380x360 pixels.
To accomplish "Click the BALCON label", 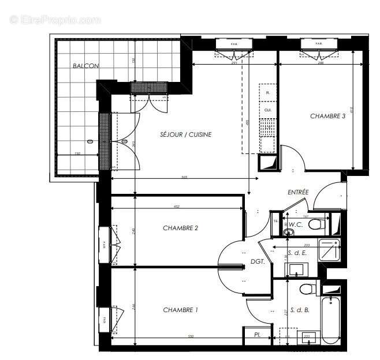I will coord(86,66).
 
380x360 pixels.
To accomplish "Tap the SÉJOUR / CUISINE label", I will coord(186,134).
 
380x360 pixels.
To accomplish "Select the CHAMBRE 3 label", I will coord(327,116).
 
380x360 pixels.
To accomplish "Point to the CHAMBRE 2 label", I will coord(180,228).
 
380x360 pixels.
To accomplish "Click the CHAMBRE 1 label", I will coord(180,310).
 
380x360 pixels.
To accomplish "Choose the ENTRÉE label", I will coord(298,192).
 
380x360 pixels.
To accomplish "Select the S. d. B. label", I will coord(299,310).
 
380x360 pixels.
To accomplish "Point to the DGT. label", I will coord(258,261).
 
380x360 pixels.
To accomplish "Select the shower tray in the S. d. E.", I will coord(330,250).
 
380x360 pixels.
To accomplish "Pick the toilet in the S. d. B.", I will coord(306,288).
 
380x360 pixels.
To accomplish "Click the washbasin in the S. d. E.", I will coord(299,269).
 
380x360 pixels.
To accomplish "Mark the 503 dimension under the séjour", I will coord(184,177).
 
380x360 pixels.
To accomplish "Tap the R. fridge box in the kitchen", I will coord(267,92).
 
